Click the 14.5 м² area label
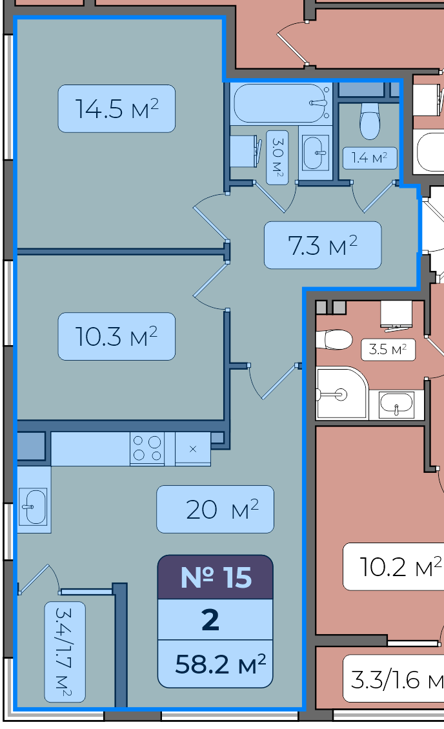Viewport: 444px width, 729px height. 117,109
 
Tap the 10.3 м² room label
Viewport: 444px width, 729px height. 117,336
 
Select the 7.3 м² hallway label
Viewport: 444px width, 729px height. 323,245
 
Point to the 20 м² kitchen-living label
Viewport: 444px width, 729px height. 216,509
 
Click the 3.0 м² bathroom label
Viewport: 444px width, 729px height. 277,157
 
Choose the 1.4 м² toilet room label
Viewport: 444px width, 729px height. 370,158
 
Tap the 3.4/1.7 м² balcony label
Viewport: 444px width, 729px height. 65,652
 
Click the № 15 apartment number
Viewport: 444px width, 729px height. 216,577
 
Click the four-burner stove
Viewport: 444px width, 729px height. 147,448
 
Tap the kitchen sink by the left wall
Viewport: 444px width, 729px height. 34,506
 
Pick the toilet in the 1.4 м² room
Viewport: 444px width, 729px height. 370,121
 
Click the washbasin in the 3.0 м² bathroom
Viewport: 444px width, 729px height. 316,152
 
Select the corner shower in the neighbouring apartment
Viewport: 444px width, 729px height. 342,393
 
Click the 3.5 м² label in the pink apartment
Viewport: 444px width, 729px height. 388,349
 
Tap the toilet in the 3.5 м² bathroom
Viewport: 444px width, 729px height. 334,340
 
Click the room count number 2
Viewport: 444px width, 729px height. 210,620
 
